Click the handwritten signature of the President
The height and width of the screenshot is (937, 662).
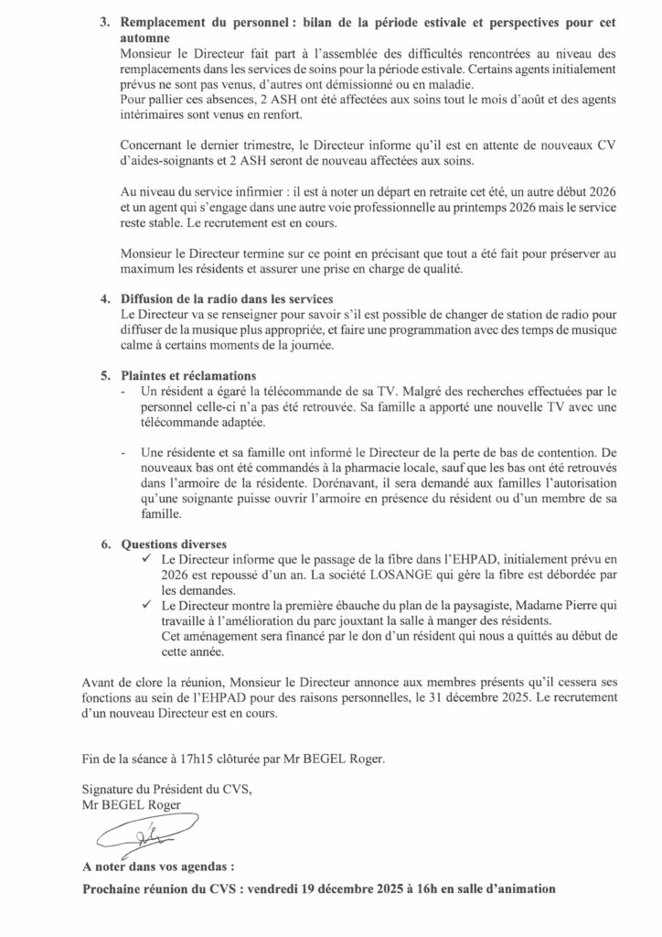(128, 835)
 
